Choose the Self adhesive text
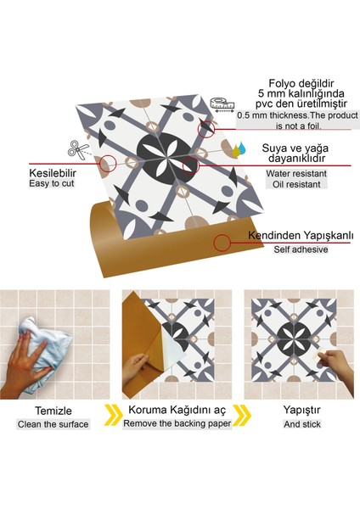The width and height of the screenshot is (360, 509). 301,249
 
